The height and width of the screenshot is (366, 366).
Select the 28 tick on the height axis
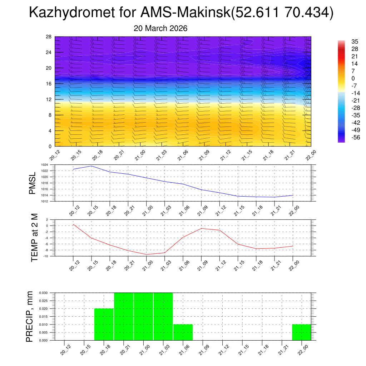[49, 37]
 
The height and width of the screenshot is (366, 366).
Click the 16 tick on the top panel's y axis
[49, 84]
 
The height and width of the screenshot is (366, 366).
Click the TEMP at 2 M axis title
[34, 238]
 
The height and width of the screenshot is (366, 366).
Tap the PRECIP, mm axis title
[30, 316]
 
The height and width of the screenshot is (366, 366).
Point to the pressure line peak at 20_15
[91, 166]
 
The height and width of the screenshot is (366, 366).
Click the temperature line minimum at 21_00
[146, 254]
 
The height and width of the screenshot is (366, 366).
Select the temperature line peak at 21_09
[201, 228]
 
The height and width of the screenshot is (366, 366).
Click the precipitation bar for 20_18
[104, 325]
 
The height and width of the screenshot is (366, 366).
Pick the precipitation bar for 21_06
[183, 332]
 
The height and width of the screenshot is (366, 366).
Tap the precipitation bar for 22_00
[301, 332]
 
